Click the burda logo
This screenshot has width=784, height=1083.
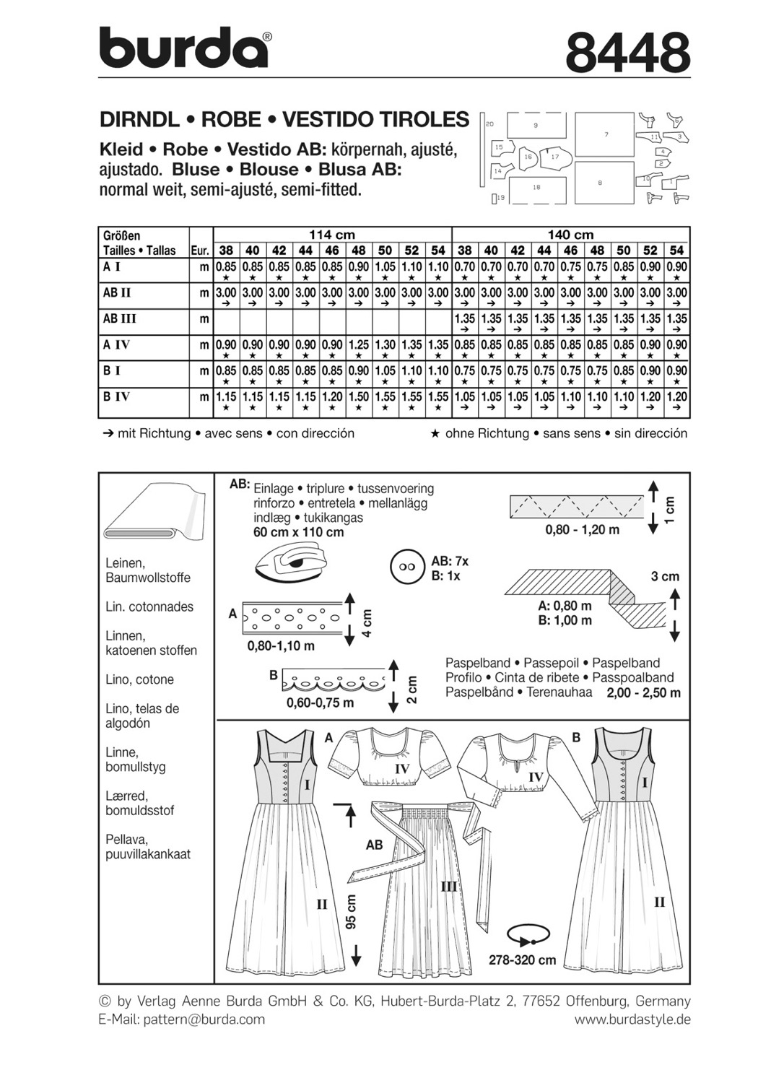(184, 48)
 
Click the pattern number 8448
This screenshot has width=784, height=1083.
(627, 52)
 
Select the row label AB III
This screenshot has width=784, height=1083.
(120, 318)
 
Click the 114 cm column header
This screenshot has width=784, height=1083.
(331, 235)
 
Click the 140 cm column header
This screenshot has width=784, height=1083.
(570, 235)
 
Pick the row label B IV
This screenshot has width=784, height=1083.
(117, 396)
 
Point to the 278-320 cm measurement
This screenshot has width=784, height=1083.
(522, 960)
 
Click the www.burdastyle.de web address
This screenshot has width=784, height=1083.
(632, 1019)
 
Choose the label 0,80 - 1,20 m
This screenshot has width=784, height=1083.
(583, 529)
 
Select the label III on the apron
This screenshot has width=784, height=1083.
(448, 886)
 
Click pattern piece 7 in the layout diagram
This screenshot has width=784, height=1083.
(606, 134)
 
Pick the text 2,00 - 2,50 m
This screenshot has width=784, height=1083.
(644, 692)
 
